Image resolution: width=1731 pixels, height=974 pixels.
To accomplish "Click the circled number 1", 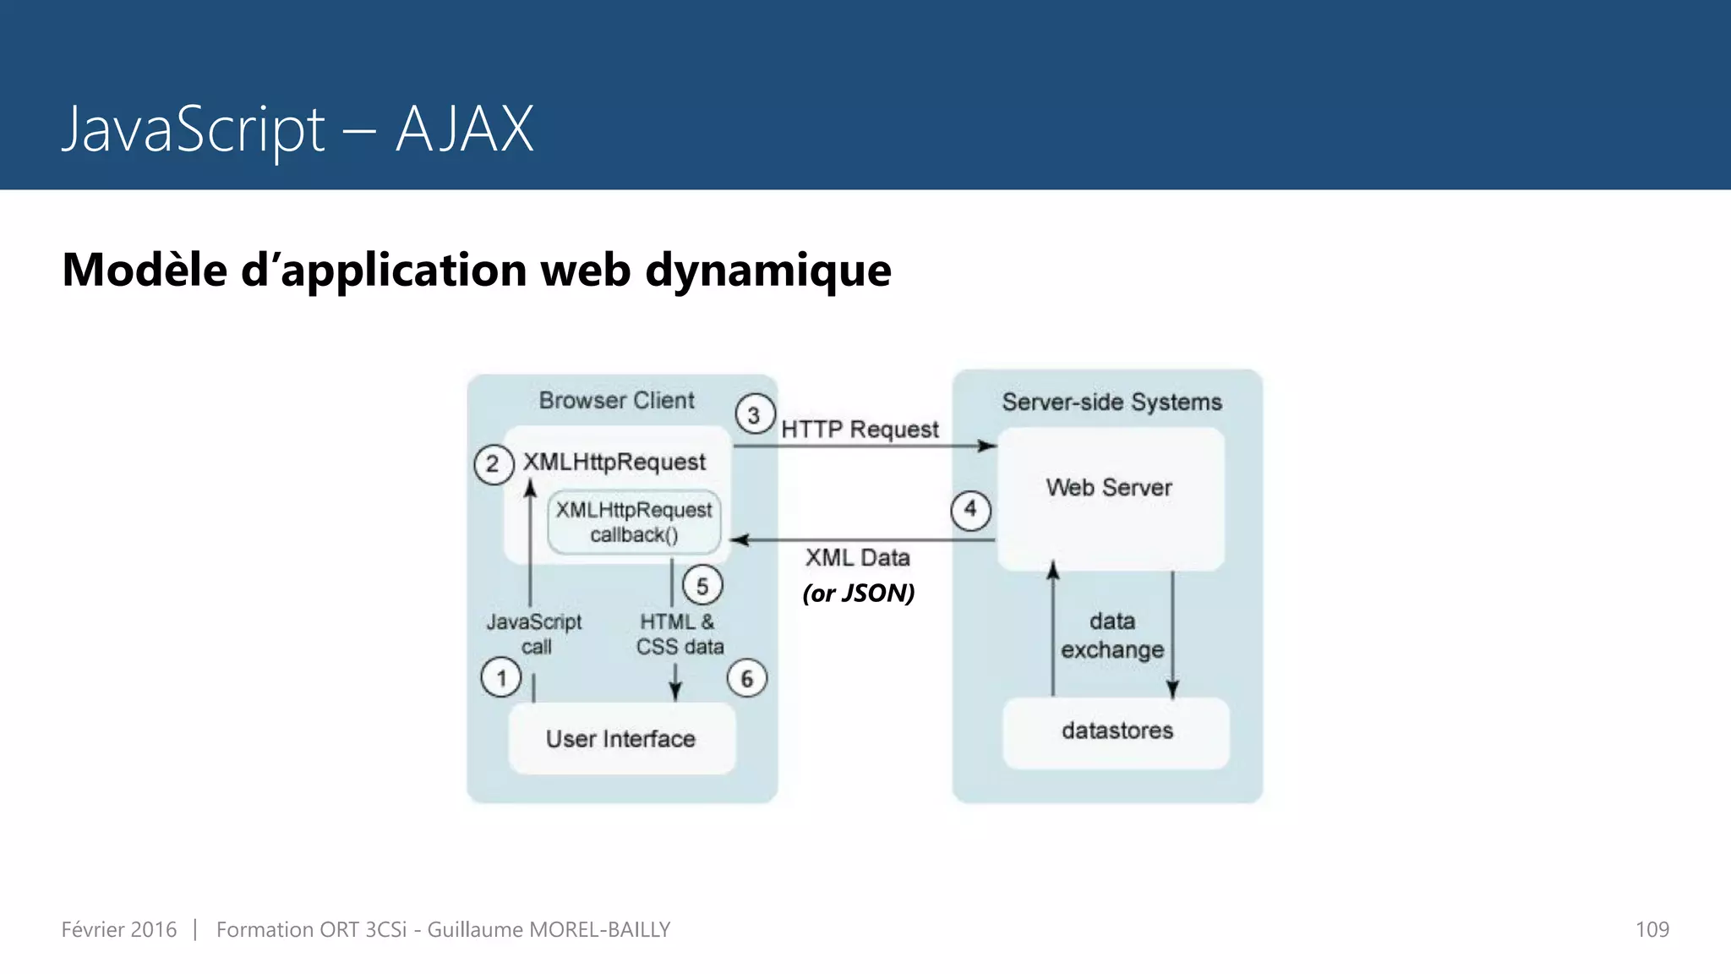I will tap(501, 678).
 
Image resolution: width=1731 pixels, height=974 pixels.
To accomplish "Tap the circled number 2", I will tap(494, 464).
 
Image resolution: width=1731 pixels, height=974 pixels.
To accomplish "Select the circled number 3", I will tap(755, 415).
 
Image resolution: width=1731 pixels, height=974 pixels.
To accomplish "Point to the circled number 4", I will tap(970, 510).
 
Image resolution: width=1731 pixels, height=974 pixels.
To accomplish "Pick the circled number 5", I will tap(702, 586).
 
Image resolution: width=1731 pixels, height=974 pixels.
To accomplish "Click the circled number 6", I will tap(747, 678).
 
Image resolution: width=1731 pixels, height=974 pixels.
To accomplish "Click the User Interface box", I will tap(621, 738).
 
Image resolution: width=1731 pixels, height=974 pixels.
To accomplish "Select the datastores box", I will tap(1117, 731).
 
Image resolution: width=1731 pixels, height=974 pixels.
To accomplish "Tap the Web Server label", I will tap(1109, 488).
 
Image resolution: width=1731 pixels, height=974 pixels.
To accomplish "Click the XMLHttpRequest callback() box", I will tap(634, 523).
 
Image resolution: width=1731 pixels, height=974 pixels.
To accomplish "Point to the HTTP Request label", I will tap(860, 430).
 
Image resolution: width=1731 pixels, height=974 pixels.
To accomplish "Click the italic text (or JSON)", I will tap(859, 594).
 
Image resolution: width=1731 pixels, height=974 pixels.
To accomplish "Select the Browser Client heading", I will tap(617, 401).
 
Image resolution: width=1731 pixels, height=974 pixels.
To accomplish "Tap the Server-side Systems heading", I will tap(1111, 402).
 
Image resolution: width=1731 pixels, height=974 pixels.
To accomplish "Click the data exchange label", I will tap(1112, 636).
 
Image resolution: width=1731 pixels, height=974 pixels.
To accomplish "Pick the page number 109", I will tap(1652, 930).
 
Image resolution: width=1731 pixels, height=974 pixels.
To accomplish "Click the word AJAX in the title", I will tap(465, 130).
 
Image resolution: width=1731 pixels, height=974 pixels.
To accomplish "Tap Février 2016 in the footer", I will tap(119, 930).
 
